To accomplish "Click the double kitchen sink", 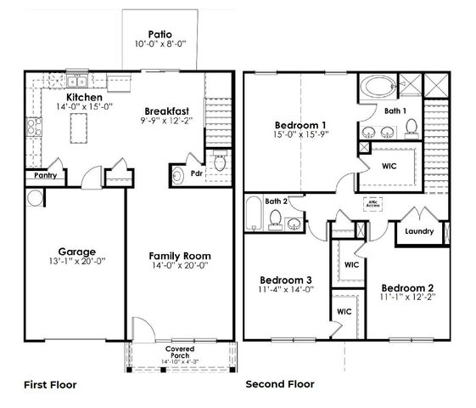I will pos(76,82).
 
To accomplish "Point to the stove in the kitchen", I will pos(34,127).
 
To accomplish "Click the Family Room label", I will pos(180,255).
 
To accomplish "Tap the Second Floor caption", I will pos(280,384).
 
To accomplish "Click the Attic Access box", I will pos(372,204).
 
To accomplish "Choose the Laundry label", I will pos(419,231).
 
